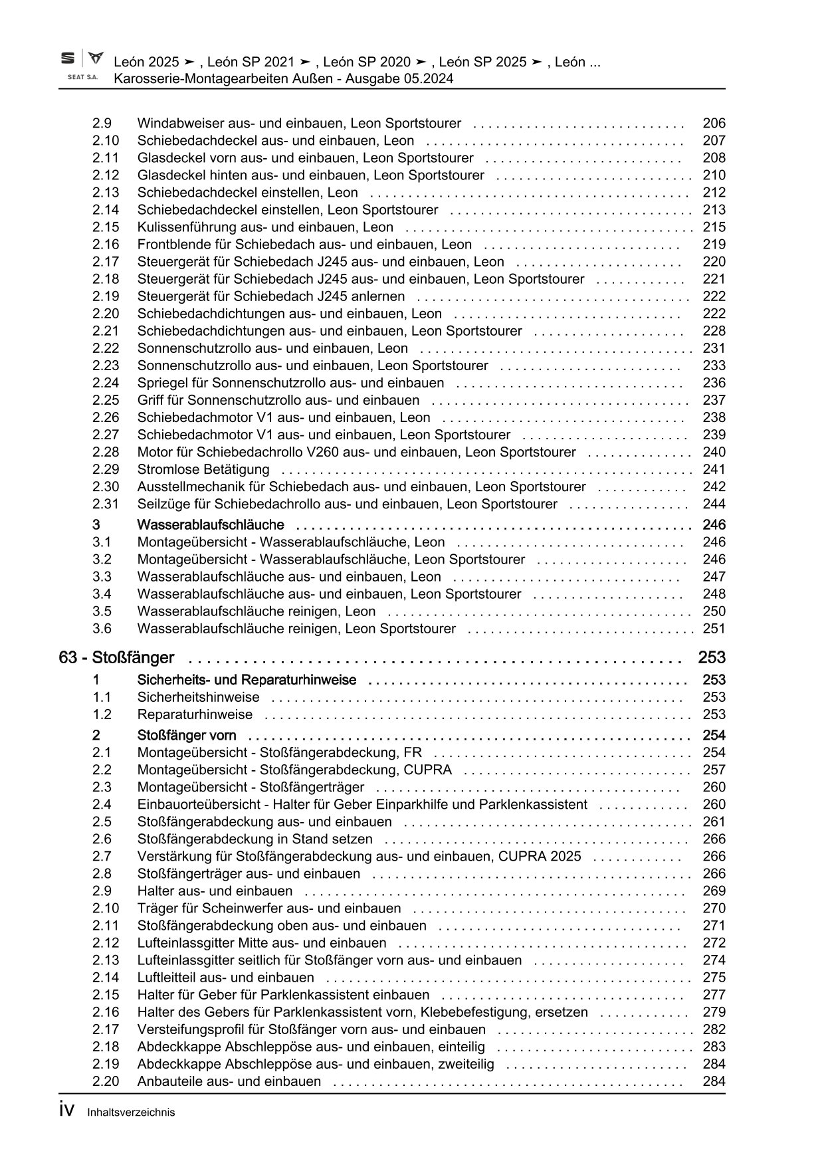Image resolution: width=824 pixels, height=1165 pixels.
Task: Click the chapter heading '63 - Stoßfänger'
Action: (x=116, y=658)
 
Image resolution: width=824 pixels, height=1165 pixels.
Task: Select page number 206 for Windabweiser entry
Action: (x=714, y=123)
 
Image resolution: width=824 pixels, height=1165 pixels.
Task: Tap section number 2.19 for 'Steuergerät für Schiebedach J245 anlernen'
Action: (x=106, y=296)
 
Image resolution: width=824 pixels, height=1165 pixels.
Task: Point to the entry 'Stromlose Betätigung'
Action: (x=203, y=469)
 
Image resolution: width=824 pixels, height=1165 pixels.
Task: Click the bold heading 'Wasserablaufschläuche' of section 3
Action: (x=211, y=525)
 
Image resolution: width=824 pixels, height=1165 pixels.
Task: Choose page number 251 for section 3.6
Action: (x=714, y=629)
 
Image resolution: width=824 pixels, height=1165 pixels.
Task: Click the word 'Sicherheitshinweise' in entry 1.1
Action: (x=198, y=697)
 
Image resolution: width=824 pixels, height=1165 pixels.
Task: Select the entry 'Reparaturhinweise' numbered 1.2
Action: (x=195, y=714)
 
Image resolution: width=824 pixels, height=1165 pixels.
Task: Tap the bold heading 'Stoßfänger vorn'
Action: (x=187, y=735)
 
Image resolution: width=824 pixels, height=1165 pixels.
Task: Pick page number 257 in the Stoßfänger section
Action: (x=714, y=770)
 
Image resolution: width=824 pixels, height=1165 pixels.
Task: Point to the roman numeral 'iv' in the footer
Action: (x=66, y=1111)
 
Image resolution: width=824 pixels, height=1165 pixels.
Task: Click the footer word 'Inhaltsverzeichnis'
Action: (x=131, y=1112)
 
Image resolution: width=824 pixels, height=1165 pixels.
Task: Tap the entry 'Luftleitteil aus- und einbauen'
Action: (x=225, y=977)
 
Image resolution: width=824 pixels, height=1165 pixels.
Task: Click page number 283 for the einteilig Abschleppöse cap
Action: (x=714, y=1046)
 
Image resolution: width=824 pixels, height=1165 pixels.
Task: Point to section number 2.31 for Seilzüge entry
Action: (x=106, y=504)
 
